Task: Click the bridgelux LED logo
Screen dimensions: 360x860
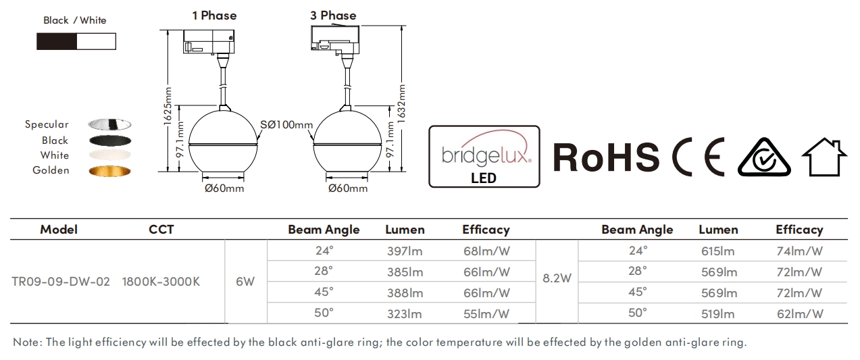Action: [484, 156]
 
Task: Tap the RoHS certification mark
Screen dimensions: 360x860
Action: [606, 156]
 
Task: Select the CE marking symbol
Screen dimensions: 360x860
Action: [699, 156]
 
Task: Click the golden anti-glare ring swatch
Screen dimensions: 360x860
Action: [109, 171]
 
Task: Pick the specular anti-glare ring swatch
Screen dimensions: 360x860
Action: [109, 125]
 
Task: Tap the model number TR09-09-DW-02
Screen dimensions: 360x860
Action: [61, 282]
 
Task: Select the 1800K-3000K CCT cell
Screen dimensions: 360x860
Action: [161, 282]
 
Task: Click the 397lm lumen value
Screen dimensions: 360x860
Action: [405, 251]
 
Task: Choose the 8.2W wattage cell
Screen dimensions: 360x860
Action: [557, 278]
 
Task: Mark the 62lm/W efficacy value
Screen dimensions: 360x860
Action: [799, 314]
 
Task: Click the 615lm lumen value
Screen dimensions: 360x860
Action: [718, 251]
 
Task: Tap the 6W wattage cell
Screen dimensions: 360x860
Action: [245, 282]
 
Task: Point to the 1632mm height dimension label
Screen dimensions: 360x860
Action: [401, 105]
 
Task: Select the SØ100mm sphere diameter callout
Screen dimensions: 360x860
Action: [286, 125]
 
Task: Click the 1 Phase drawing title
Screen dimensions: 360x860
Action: [214, 16]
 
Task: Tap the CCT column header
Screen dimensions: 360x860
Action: [161, 230]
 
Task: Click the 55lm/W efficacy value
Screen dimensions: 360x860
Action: [486, 314]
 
